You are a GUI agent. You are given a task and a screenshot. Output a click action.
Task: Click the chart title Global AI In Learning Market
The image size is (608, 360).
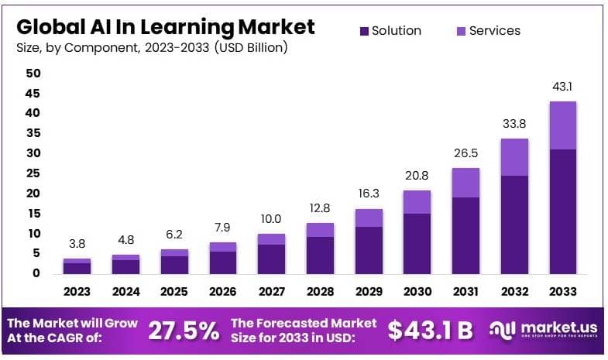(x=166, y=26)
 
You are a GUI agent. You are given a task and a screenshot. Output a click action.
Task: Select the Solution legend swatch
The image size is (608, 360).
(x=365, y=31)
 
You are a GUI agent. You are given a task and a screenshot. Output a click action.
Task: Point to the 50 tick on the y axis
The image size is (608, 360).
(x=33, y=73)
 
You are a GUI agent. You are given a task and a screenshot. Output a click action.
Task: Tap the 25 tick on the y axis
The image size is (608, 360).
(x=33, y=173)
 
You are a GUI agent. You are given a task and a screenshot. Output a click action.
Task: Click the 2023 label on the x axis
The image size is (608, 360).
(x=77, y=293)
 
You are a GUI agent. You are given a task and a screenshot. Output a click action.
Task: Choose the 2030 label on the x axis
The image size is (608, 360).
(x=417, y=293)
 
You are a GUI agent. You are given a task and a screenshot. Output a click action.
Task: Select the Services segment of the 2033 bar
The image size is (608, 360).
(x=563, y=125)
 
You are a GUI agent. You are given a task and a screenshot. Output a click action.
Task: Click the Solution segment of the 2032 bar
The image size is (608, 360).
(x=514, y=225)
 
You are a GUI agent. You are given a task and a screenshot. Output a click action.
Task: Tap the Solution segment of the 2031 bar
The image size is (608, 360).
(x=465, y=235)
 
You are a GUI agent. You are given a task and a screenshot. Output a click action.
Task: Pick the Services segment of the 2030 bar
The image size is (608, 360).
(x=417, y=201)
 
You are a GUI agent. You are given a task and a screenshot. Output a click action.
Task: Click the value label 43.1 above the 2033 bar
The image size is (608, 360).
(x=563, y=87)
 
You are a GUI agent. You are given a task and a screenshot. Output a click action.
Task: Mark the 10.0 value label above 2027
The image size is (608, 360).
(x=271, y=219)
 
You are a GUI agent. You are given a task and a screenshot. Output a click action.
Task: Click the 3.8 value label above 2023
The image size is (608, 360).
(x=77, y=244)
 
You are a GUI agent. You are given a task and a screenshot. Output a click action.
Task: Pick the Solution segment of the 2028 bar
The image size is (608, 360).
(x=320, y=255)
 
